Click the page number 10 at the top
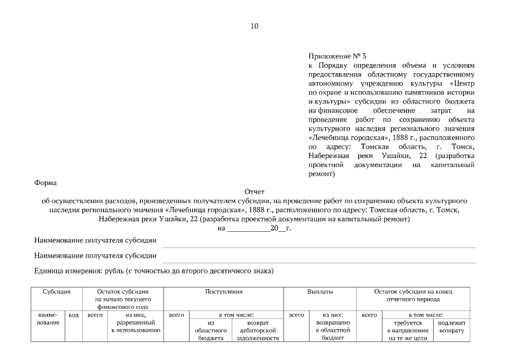(254, 26)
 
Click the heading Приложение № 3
(337, 56)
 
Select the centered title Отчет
(254, 192)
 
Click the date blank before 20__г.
(248, 228)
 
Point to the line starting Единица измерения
(154, 271)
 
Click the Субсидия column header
(56, 292)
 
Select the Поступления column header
(223, 292)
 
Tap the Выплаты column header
(319, 292)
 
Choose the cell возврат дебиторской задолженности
(258, 331)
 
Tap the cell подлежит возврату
(451, 327)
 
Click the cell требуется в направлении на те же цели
(408, 331)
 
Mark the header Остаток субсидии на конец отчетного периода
(413, 296)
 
